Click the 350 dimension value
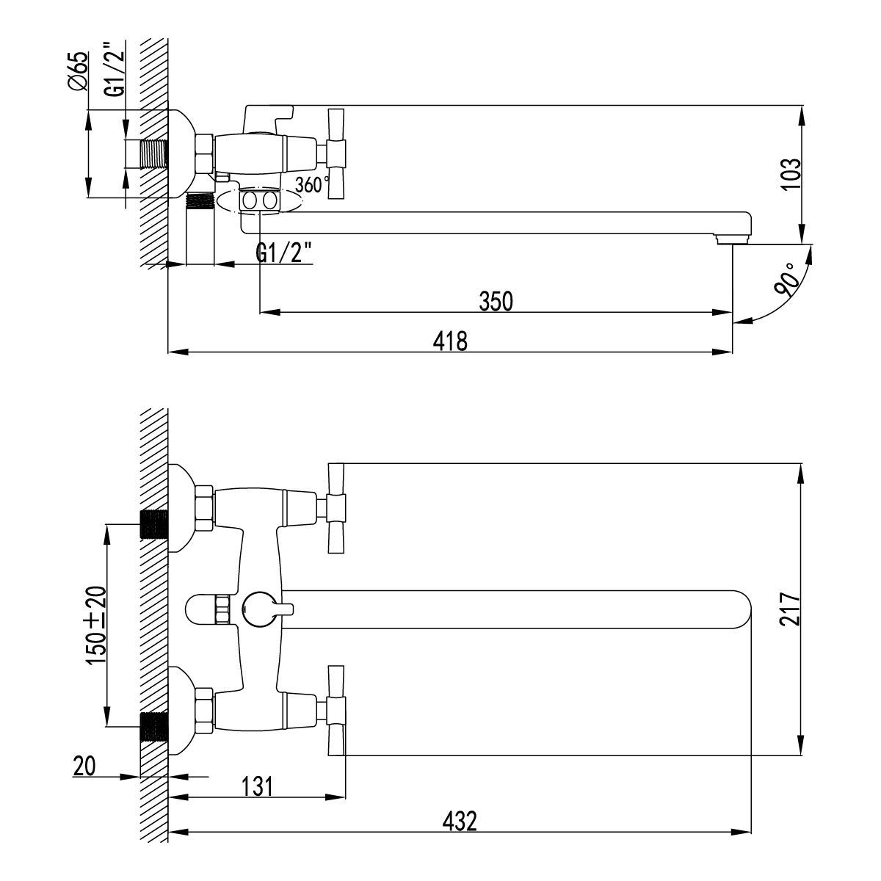[496, 302]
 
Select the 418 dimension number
[450, 341]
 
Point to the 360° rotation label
[308, 185]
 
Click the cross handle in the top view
[336, 153]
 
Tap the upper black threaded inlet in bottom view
[154, 524]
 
